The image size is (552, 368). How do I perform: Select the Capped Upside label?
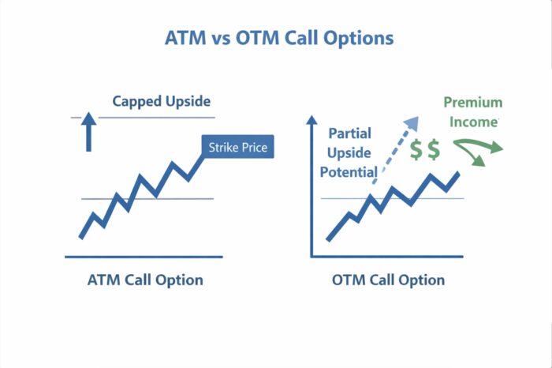(162, 101)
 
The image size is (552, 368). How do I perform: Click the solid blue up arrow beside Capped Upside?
(88, 131)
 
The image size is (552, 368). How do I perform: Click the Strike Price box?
(238, 147)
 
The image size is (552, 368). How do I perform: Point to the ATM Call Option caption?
(145, 280)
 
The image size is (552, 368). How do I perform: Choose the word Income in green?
(477, 122)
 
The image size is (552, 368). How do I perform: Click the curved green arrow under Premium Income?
(481, 148)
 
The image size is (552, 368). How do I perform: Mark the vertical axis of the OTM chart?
(312, 190)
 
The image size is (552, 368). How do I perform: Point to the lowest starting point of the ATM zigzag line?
(80, 236)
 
